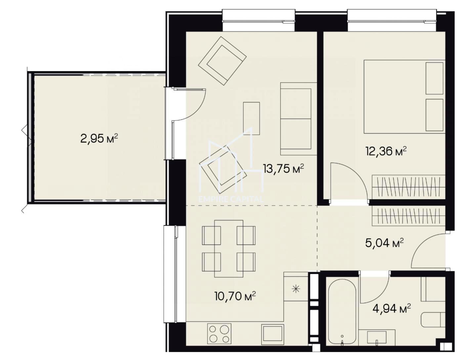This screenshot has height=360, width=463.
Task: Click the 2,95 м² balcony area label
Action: tap(99, 139)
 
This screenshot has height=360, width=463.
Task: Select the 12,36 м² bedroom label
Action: tap(386, 152)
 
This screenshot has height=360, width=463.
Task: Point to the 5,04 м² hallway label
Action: tap(385, 243)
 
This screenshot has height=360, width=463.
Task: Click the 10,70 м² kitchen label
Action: tap(235, 296)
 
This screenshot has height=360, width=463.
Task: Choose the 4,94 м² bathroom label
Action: tap(392, 308)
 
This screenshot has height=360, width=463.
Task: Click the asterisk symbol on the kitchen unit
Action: tap(296, 289)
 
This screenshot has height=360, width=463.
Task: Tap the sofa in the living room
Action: tap(298, 119)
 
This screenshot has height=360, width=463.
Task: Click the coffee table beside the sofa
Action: tap(251, 118)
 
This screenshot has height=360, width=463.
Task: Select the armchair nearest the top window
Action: tap(223, 61)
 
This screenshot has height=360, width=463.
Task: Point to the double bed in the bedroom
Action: tap(404, 97)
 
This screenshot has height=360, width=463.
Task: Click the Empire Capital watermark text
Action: tap(231, 199)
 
